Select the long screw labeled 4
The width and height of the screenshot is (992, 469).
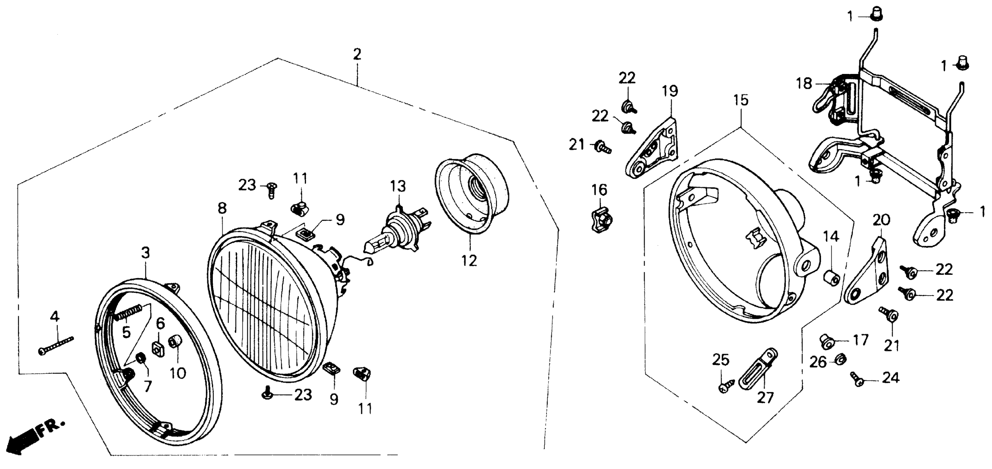point(56,345)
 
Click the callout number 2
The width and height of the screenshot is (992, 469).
point(357,54)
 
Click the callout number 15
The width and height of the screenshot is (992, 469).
point(741,100)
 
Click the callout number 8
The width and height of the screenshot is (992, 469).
point(222,209)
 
